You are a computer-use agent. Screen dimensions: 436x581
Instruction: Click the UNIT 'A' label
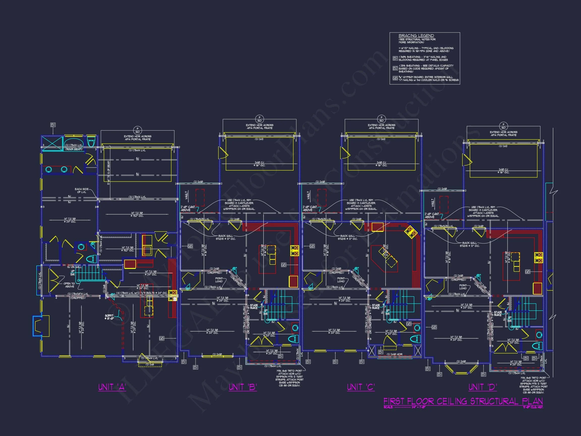[x=112, y=387]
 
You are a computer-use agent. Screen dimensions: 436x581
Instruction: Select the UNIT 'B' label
[x=243, y=387]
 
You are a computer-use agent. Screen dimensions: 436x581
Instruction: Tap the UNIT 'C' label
[x=361, y=387]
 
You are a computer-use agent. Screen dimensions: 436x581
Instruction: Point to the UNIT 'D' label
[x=482, y=387]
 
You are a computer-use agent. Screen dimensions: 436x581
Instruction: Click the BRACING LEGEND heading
[x=416, y=36]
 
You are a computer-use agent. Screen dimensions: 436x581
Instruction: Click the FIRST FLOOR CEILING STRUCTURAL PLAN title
[x=463, y=401]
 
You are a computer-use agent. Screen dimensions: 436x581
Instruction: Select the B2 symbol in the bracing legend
[x=395, y=68]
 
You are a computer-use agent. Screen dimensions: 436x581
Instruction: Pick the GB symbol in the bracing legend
[x=395, y=78]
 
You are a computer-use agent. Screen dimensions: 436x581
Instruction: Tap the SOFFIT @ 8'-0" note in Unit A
[x=109, y=317]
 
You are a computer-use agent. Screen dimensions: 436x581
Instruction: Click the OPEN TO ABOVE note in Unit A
[x=69, y=285]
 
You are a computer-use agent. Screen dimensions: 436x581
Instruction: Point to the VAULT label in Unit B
[x=187, y=195]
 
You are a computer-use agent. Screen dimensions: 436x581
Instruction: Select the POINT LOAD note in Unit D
[x=463, y=287]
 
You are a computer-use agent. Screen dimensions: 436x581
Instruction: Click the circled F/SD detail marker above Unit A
[x=137, y=130]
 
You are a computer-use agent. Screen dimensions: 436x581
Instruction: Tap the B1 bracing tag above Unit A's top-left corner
[x=53, y=125]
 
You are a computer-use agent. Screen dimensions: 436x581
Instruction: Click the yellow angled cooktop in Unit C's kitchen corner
[x=410, y=232]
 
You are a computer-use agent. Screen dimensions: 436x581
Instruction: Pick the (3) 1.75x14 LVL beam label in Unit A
[x=137, y=197]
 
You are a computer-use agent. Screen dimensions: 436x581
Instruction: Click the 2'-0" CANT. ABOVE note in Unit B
[x=188, y=208]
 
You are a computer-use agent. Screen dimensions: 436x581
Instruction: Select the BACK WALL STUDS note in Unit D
[x=469, y=244]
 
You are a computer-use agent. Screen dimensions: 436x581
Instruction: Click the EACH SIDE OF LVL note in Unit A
[x=82, y=190]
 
